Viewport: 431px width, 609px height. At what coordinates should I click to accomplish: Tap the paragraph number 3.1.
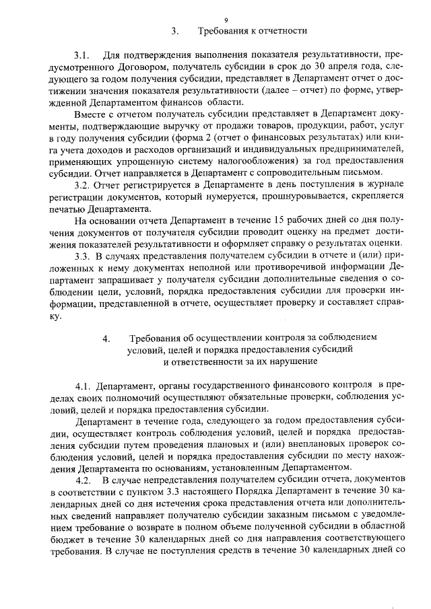(82, 53)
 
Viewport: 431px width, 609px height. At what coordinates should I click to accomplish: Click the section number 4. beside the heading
(106, 338)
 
